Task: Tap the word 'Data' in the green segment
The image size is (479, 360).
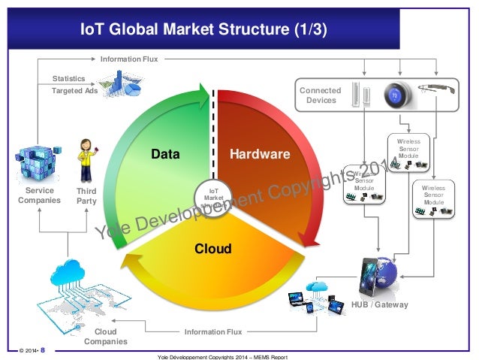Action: [x=165, y=155]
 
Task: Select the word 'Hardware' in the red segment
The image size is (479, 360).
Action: [x=260, y=155]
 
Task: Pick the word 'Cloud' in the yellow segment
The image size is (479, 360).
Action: [x=214, y=248]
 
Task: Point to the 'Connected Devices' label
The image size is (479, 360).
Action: [x=320, y=95]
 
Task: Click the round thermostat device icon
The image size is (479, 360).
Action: [x=395, y=96]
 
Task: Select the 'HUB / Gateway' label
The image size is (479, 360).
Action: [x=380, y=304]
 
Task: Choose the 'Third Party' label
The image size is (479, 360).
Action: [x=87, y=196]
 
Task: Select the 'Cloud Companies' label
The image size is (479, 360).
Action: [x=105, y=336]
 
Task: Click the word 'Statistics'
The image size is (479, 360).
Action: [x=68, y=78]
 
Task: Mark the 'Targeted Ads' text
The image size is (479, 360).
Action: [x=74, y=91]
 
